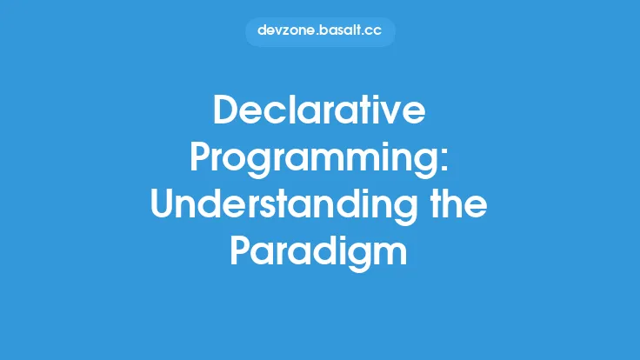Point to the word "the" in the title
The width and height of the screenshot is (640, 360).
[458, 205]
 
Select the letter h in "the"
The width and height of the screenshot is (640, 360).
[457, 205]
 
